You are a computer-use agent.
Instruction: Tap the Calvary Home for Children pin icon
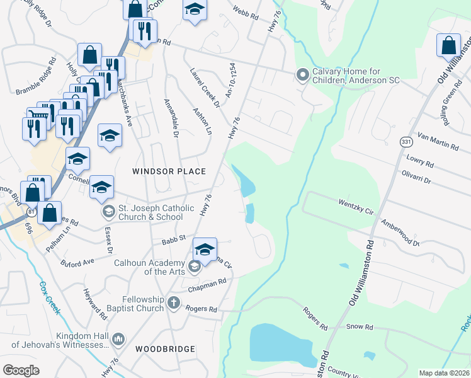[302, 75]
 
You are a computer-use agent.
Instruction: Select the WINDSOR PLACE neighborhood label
[169, 171]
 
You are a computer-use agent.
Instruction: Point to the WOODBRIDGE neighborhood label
[165, 348]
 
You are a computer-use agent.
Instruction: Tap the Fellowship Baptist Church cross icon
[174, 304]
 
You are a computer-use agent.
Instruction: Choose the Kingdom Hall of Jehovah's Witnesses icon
[118, 340]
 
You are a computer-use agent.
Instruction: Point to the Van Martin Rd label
[438, 142]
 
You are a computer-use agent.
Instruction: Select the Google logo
[21, 370]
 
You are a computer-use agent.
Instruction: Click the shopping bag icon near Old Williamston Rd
[448, 45]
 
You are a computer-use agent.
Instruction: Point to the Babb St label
[173, 239]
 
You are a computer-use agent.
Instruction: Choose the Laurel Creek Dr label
[205, 87]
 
